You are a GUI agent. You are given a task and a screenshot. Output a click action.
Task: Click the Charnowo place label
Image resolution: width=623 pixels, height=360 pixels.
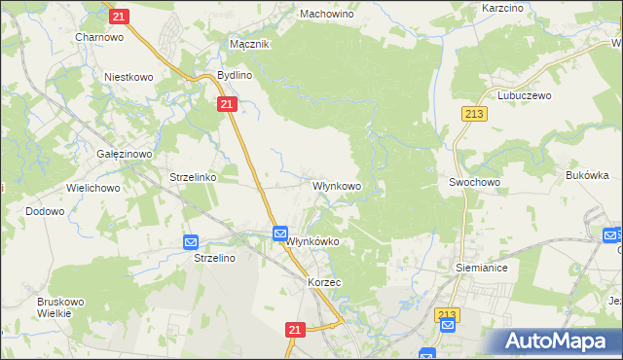click(x=97, y=37)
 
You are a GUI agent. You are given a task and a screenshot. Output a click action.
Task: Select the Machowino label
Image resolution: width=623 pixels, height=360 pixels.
click(x=326, y=15)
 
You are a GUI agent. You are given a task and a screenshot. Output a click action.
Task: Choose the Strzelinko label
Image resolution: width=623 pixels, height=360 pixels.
click(x=193, y=178)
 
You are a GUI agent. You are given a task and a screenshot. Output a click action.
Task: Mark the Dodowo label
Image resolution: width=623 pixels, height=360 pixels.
click(x=45, y=210)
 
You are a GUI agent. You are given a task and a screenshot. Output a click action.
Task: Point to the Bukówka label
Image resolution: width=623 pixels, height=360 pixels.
click(x=586, y=176)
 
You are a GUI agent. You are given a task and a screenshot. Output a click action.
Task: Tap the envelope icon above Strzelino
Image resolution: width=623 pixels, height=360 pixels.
click(x=191, y=242)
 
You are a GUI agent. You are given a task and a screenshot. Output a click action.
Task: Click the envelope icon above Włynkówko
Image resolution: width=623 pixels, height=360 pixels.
click(x=280, y=234)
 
